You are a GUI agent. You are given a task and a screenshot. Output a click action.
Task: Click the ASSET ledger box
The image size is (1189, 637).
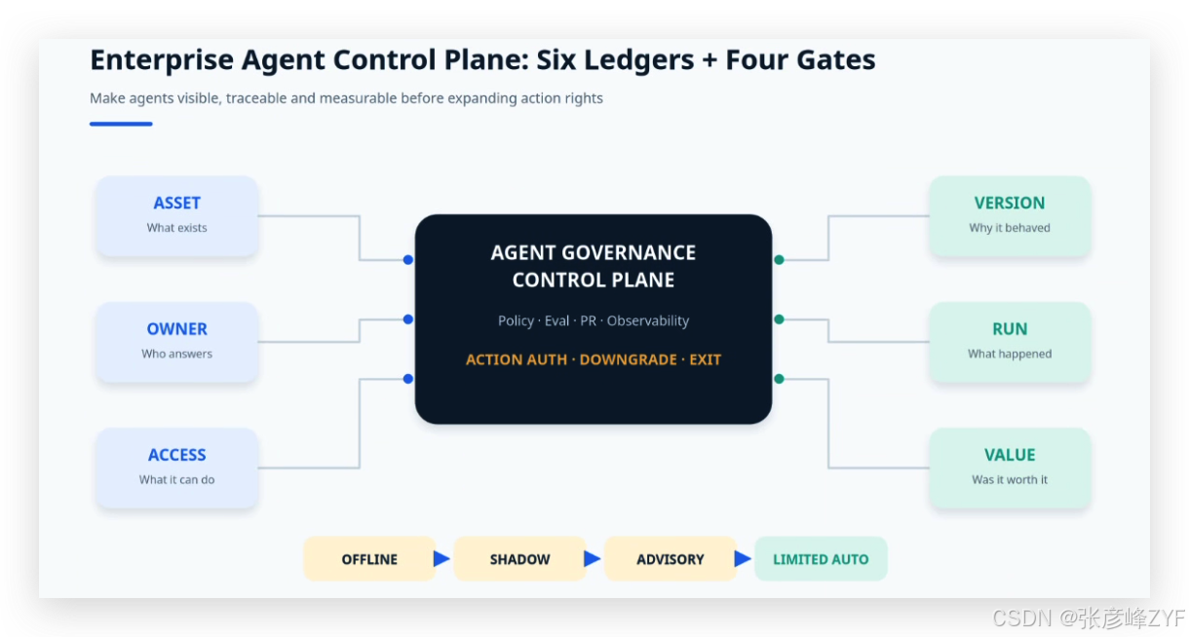(176, 216)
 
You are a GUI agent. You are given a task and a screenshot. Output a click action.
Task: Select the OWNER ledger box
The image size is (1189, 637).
(176, 342)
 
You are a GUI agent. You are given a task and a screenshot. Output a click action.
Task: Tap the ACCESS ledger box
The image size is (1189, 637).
(176, 468)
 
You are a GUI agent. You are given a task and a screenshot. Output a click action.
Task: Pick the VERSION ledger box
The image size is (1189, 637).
(1010, 216)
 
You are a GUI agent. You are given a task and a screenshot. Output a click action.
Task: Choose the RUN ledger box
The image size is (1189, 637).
(1010, 342)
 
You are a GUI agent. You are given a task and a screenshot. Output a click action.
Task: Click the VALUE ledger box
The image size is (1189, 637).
(1010, 468)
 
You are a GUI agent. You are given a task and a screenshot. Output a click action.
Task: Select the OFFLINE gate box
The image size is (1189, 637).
(369, 559)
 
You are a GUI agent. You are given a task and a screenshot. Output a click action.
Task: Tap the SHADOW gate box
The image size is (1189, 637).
(519, 559)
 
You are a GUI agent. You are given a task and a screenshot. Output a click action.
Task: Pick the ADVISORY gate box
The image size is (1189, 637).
(671, 559)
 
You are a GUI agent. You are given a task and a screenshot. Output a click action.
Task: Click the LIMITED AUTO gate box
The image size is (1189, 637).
(821, 559)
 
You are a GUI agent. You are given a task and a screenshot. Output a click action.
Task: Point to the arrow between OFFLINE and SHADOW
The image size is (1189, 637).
(441, 558)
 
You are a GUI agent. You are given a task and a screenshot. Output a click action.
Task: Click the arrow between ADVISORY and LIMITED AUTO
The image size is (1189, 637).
(742, 558)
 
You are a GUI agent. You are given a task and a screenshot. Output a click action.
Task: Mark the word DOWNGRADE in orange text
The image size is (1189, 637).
(628, 359)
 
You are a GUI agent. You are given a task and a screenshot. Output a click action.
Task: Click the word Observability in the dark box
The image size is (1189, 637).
(647, 320)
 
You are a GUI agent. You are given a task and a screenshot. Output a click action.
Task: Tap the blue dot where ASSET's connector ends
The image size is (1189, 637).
(407, 260)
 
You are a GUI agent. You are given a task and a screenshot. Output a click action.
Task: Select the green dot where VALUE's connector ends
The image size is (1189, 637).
(779, 379)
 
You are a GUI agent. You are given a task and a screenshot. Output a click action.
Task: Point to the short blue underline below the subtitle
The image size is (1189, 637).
(121, 124)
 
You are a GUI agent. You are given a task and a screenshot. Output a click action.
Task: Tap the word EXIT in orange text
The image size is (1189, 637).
(705, 359)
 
